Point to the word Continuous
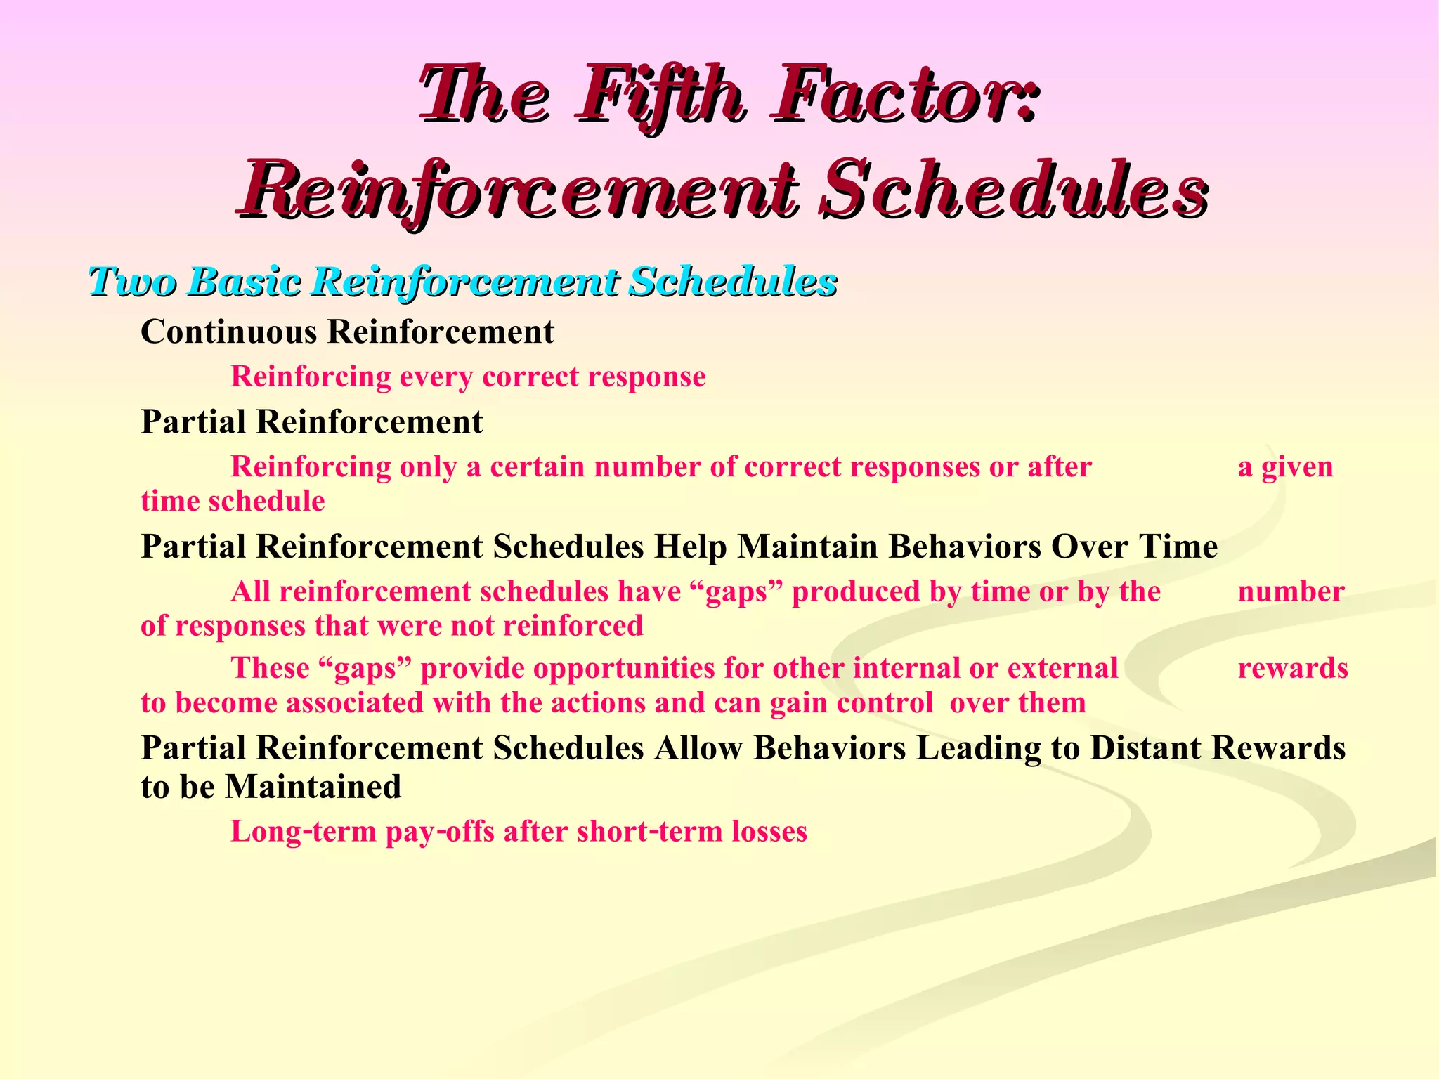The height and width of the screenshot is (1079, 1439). tap(228, 332)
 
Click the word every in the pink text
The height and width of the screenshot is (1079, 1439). tap(436, 377)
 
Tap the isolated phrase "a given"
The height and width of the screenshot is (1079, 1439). tap(1285, 467)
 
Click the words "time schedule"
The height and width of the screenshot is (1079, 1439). tap(233, 502)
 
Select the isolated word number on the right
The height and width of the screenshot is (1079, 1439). tap(1291, 592)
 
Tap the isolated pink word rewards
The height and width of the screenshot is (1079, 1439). tap(1293, 668)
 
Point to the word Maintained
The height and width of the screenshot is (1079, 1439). tap(313, 787)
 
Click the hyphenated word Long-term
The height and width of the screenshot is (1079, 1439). tap(304, 832)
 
